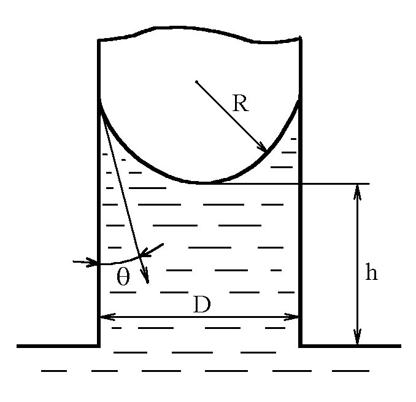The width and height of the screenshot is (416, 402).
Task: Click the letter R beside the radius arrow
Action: tap(241, 102)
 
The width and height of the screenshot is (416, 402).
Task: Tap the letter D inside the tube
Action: tap(201, 305)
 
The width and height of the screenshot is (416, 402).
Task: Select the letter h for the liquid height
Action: tap(371, 273)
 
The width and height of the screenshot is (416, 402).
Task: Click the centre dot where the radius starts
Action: tap(196, 81)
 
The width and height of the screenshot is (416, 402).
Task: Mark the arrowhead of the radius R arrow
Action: tap(264, 149)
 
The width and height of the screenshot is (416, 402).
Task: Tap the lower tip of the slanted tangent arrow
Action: tap(148, 282)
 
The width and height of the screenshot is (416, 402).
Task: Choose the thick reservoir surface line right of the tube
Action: tap(350, 346)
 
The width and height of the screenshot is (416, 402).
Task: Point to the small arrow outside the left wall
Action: tap(86, 263)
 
